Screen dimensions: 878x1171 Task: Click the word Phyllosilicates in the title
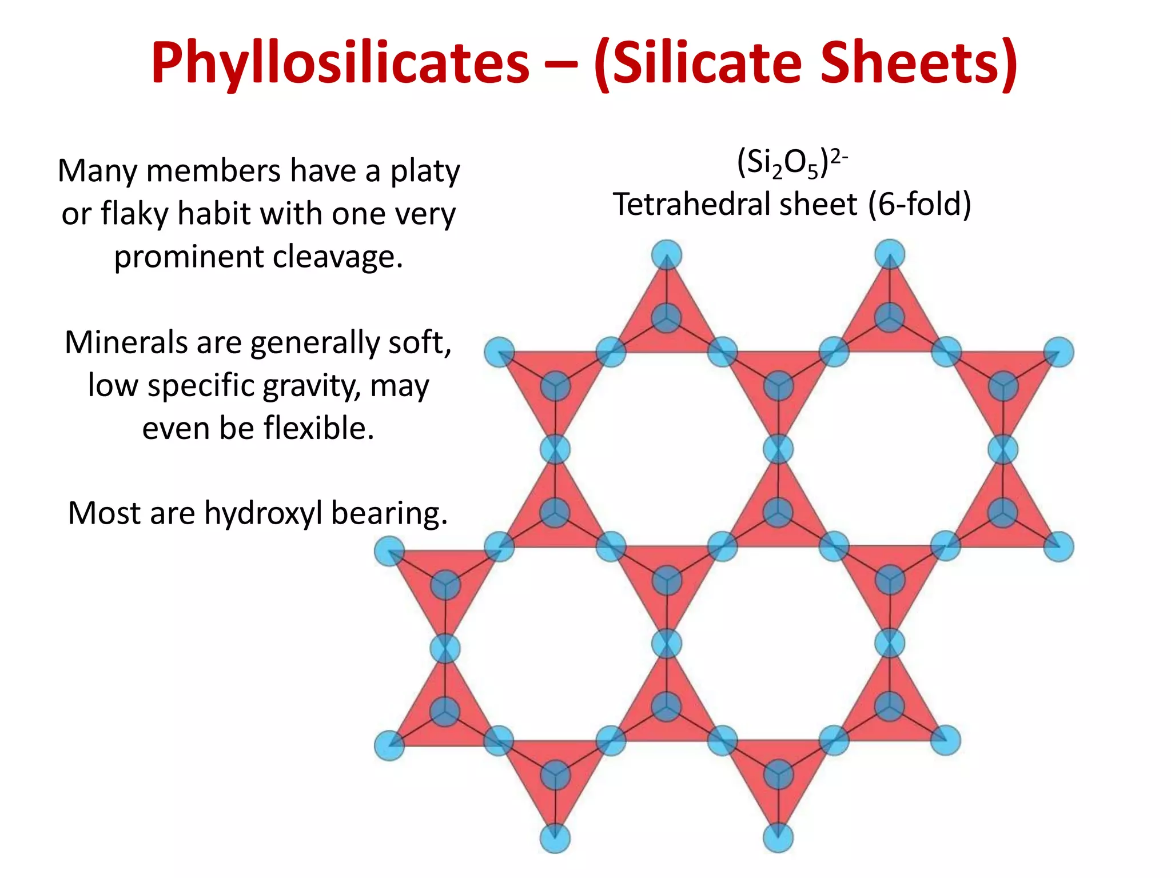tap(340, 63)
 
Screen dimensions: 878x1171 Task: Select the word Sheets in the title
tap(913, 63)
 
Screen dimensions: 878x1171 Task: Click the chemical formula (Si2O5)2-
tap(792, 163)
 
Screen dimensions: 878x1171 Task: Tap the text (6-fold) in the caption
tap(919, 204)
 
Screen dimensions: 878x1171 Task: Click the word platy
tap(425, 171)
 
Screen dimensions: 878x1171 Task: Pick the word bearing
tap(389, 513)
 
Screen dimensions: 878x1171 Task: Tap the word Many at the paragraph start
tap(97, 171)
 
